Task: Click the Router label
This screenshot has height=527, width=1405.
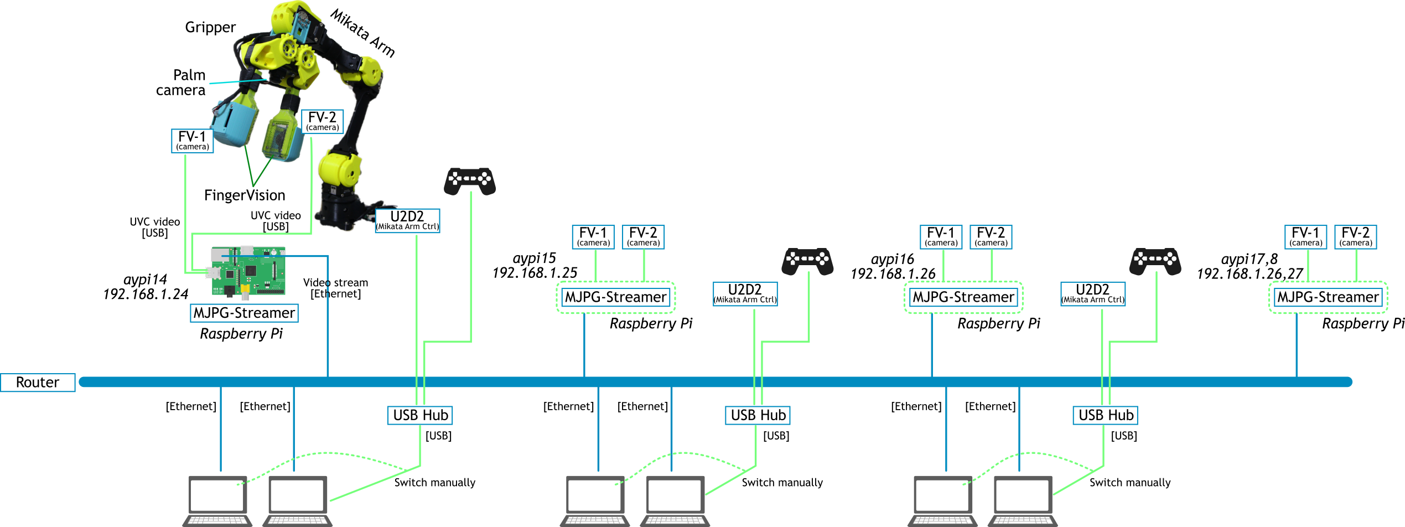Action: [x=38, y=383]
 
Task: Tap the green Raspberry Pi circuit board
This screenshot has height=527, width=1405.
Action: [x=248, y=271]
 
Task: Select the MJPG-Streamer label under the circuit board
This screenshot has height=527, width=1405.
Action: [x=244, y=313]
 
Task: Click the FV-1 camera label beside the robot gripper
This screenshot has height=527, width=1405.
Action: [x=192, y=141]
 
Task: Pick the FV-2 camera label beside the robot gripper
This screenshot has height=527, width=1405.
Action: [x=322, y=121]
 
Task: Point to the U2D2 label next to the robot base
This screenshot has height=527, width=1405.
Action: [x=407, y=220]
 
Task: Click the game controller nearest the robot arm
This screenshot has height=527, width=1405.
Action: [x=470, y=180]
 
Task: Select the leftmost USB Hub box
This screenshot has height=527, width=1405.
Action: [x=420, y=415]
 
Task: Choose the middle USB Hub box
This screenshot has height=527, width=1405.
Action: [x=758, y=415]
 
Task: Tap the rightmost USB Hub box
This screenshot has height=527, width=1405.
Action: [x=1106, y=415]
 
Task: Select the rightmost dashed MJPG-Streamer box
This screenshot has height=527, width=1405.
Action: [x=1328, y=297]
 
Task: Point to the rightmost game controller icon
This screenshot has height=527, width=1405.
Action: [x=1155, y=261]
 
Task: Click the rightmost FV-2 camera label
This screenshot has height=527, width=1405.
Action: [x=1355, y=237]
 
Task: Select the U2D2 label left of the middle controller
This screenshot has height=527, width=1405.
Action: [x=745, y=293]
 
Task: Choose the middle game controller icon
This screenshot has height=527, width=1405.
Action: [x=807, y=261]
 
